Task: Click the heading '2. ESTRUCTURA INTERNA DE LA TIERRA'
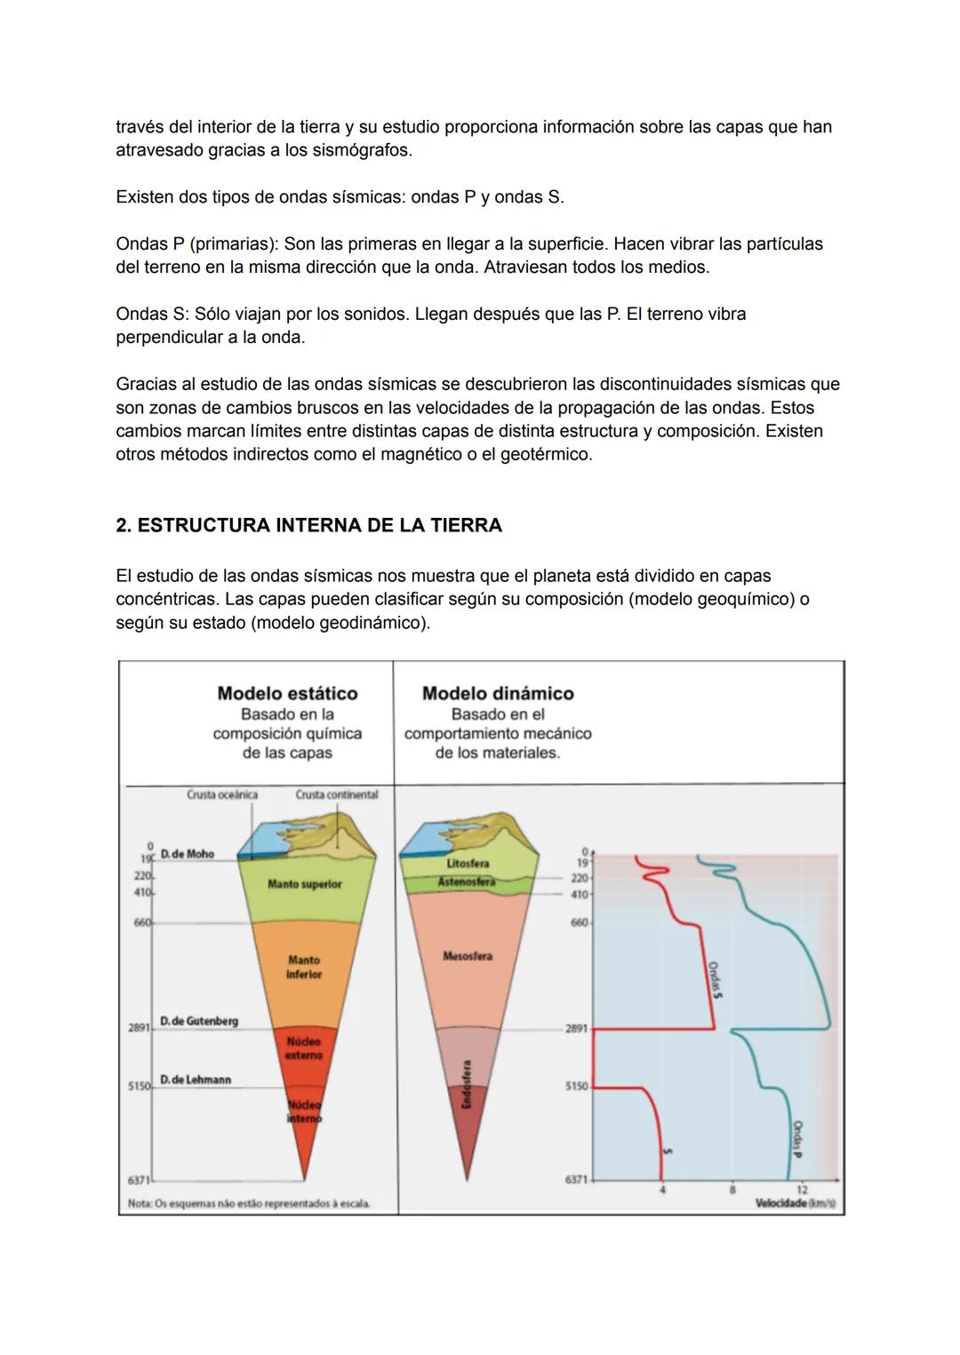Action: [x=308, y=525]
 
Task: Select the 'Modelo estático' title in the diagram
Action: [x=287, y=693]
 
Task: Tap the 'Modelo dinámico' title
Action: [x=498, y=693]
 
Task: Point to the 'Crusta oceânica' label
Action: [x=222, y=794]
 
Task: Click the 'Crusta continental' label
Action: [x=337, y=794]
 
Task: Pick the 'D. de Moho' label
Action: [x=188, y=854]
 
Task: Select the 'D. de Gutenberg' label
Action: [x=199, y=1022]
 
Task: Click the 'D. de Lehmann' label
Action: [x=196, y=1080]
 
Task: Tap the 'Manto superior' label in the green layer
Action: [x=304, y=884]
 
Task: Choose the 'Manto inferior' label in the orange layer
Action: [x=304, y=968]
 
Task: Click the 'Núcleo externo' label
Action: [x=304, y=1048]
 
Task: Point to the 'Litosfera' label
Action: [x=468, y=863]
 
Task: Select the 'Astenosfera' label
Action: [x=466, y=882]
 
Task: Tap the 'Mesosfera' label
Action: [x=468, y=956]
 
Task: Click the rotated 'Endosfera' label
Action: [x=468, y=1084]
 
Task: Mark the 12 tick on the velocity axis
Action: [x=802, y=1189]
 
